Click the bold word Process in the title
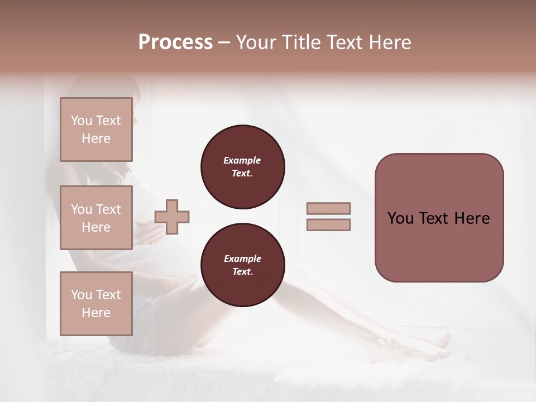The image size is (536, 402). [x=175, y=42]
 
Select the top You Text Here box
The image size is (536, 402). [x=96, y=130]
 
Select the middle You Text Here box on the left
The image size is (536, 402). [x=96, y=218]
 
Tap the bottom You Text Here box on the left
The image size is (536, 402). [x=96, y=303]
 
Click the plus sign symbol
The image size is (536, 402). [x=172, y=217]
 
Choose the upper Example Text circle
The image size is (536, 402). [x=242, y=166]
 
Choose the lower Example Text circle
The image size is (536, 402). [x=242, y=265]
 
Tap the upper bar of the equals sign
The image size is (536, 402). [x=328, y=209]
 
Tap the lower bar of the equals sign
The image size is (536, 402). [x=328, y=225]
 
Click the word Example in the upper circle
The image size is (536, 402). [x=242, y=160]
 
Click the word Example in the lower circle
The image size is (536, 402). [x=242, y=259]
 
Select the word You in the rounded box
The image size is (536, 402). [x=400, y=218]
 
